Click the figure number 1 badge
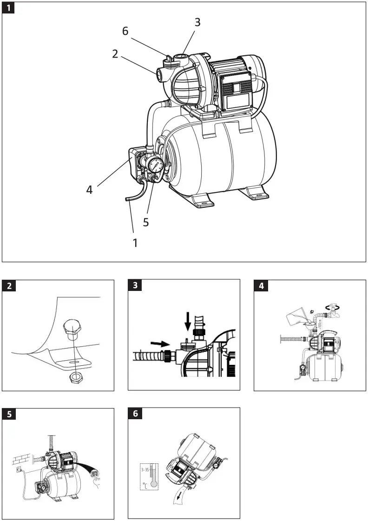tap(8, 8)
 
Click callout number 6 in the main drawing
tap(125, 31)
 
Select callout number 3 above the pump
tap(197, 22)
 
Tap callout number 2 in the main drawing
tap(115, 53)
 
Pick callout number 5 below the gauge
tap(146, 222)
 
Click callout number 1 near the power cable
tap(135, 242)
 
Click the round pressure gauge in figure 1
tap(157, 165)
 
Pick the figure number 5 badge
tap(8, 414)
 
